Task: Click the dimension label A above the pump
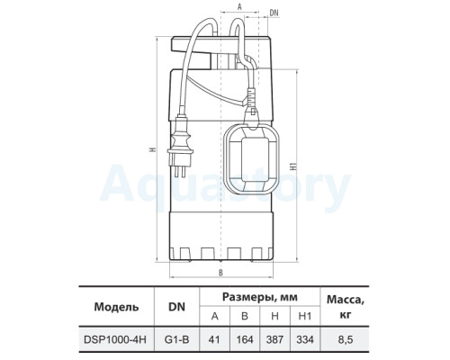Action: [x=239, y=7]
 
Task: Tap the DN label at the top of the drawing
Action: [x=274, y=13]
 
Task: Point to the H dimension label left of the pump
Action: [x=153, y=149]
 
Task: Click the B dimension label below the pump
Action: [x=220, y=273]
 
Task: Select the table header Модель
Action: [x=116, y=307]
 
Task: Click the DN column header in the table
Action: [x=176, y=307]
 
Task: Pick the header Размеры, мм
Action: [x=260, y=297]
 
